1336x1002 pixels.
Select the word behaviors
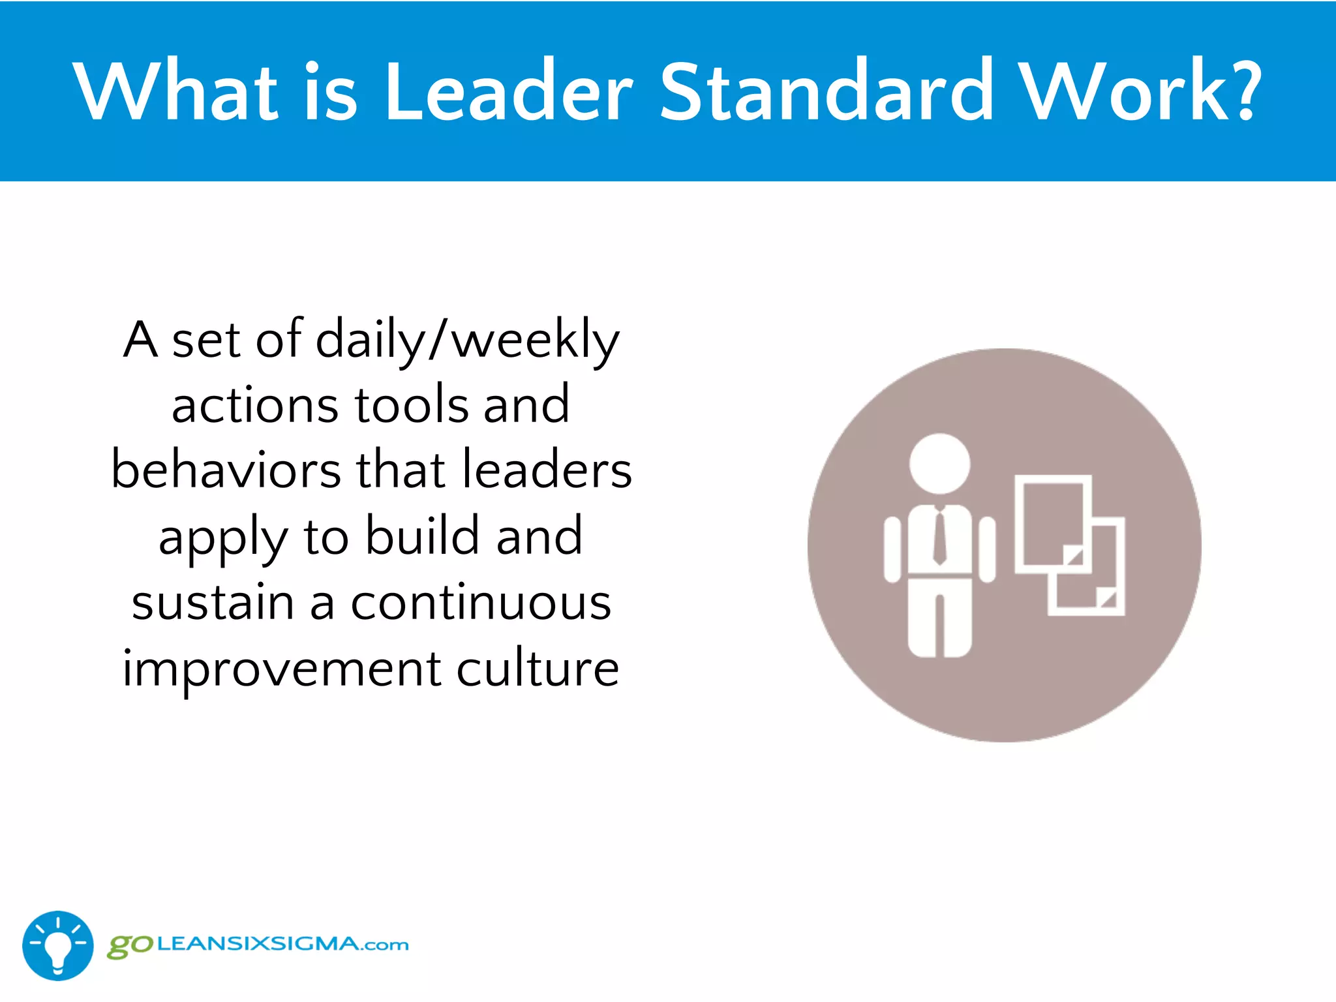tap(226, 470)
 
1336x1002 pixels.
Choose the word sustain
tap(213, 602)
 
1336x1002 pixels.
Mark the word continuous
tap(481, 602)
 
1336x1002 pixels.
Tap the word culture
tap(538, 668)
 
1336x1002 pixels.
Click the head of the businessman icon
tap(939, 464)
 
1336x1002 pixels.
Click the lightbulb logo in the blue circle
tap(58, 945)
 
